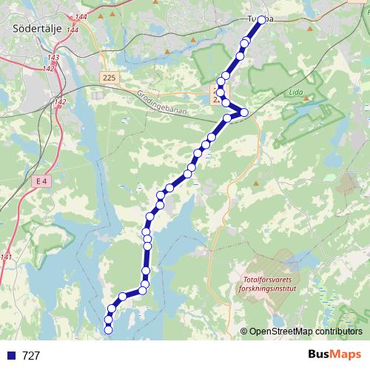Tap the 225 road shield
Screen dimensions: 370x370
110,77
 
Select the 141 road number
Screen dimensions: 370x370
7,257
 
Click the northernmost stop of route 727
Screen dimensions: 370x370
262,20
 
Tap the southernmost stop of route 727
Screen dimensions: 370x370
109,330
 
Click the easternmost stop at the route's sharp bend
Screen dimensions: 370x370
244,112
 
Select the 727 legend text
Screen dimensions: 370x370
31,355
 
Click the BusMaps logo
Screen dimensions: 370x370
334,354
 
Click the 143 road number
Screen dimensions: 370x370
53,56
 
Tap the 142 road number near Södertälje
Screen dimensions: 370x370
61,102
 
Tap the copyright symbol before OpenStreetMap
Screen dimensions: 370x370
244,332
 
